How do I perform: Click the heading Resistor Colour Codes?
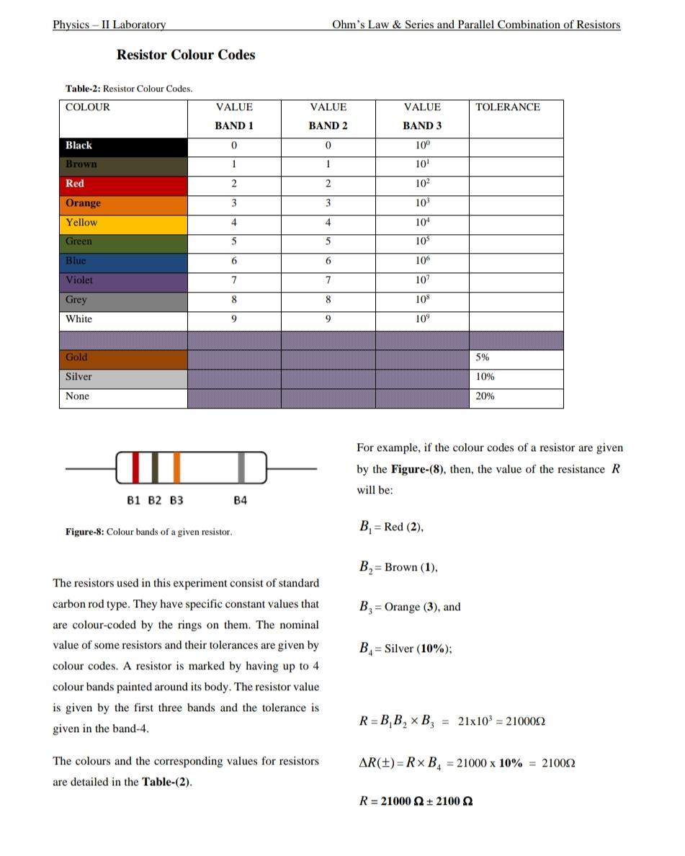pyautogui.click(x=185, y=55)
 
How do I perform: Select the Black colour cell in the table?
pyautogui.click(x=123, y=146)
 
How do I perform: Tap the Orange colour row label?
pyautogui.click(x=123, y=203)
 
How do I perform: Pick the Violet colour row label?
pyautogui.click(x=123, y=280)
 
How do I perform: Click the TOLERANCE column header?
pyautogui.click(x=507, y=107)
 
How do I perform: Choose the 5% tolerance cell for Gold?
pyautogui.click(x=516, y=357)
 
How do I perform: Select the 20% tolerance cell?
pyautogui.click(x=516, y=396)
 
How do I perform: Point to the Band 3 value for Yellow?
pyautogui.click(x=422, y=223)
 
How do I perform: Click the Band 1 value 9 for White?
pyautogui.click(x=234, y=319)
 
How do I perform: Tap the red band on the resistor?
pyautogui.click(x=135, y=468)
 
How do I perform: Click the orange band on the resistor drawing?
pyautogui.click(x=176, y=468)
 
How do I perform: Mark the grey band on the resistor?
pyautogui.click(x=242, y=468)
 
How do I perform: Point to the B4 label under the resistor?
pyautogui.click(x=241, y=500)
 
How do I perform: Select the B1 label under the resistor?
pyautogui.click(x=134, y=500)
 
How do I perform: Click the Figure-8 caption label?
pyautogui.click(x=148, y=532)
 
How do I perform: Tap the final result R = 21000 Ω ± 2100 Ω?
pyautogui.click(x=416, y=801)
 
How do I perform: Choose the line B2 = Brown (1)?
pyautogui.click(x=398, y=567)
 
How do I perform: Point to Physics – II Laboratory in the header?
pyautogui.click(x=109, y=24)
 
